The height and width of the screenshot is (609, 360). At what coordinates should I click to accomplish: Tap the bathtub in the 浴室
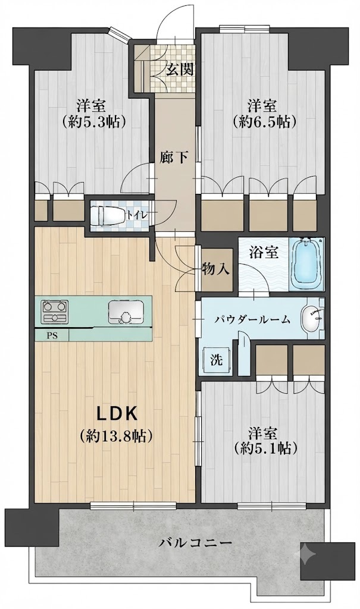click(x=308, y=263)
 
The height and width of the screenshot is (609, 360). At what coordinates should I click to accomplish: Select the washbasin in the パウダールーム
click(x=312, y=319)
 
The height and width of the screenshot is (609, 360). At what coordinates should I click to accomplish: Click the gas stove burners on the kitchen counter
click(x=55, y=311)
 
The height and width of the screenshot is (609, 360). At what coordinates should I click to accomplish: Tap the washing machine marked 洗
click(x=217, y=360)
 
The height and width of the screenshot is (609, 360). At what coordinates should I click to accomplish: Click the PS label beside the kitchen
click(x=52, y=336)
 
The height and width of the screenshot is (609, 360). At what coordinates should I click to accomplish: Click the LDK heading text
click(x=117, y=415)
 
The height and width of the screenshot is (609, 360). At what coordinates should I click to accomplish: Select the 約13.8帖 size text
click(x=116, y=437)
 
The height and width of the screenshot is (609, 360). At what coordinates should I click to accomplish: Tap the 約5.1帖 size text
click(x=265, y=448)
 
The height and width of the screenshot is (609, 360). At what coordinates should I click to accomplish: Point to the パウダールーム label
click(x=253, y=320)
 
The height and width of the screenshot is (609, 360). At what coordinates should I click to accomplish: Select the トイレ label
click(x=136, y=214)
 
